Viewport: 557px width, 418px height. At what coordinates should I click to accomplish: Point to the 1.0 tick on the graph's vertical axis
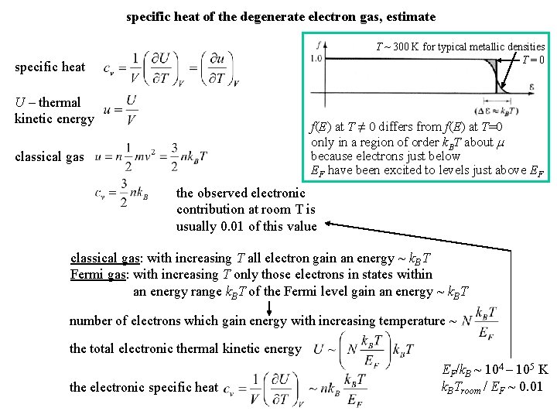click(316, 59)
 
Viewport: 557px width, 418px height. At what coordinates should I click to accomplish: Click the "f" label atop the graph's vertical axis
click(320, 45)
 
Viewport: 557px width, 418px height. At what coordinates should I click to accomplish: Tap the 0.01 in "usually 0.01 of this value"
click(238, 226)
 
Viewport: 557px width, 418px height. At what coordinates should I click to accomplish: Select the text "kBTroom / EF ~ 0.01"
click(492, 385)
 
